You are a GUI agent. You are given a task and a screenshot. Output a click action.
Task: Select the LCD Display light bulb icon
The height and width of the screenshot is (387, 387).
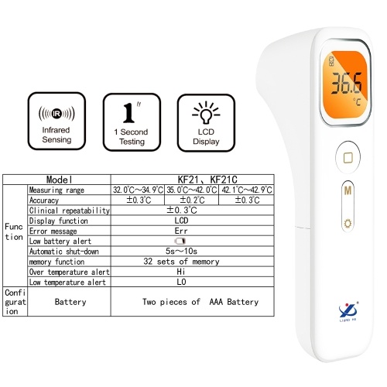(206, 113)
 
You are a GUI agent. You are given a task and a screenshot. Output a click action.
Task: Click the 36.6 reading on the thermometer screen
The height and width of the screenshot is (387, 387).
(347, 83)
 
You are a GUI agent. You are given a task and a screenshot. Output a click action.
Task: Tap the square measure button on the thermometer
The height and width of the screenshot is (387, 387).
(348, 157)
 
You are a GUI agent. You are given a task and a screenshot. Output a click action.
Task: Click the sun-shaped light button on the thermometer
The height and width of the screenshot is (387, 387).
(348, 224)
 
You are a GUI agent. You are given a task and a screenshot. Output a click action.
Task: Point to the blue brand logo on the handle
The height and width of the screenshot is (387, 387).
(348, 312)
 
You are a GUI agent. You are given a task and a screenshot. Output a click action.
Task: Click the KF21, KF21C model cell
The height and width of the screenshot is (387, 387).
(193, 180)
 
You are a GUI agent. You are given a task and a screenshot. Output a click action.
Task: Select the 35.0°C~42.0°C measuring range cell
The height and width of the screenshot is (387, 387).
(191, 190)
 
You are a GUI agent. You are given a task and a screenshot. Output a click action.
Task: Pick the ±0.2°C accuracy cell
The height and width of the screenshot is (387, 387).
(191, 200)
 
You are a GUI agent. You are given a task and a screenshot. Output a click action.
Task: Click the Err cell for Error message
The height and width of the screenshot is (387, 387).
(193, 231)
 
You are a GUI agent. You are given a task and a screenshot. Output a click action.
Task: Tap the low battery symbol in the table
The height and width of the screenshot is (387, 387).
(180, 241)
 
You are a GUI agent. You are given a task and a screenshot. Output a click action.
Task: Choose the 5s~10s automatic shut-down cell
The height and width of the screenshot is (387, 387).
(193, 251)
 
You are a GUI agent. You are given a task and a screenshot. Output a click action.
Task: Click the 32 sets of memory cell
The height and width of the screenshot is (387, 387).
(193, 262)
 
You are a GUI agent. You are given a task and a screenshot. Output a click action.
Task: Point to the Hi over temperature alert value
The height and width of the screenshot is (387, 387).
(181, 272)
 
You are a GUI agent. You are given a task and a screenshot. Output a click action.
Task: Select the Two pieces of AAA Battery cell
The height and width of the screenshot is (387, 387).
(193, 302)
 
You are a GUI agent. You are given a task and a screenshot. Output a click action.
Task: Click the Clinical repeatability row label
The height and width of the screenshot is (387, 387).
(69, 211)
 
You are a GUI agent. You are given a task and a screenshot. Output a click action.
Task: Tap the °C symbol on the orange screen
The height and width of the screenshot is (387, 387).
(357, 101)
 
